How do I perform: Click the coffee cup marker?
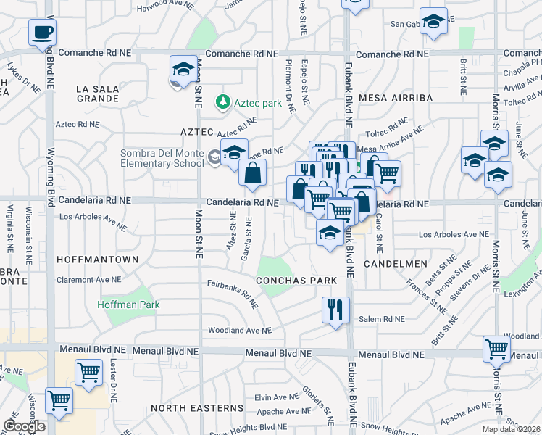coord(42,33)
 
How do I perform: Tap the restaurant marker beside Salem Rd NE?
coord(335,310)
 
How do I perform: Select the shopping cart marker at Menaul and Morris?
coord(497,349)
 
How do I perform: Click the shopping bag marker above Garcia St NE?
coord(253,173)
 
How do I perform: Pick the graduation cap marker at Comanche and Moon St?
coord(183,70)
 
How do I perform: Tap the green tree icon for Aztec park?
coord(225,103)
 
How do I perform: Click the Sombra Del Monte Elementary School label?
coord(163,158)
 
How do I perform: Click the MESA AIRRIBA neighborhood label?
coord(401,97)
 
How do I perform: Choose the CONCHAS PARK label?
coord(296,280)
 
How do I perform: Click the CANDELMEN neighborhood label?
coord(392,263)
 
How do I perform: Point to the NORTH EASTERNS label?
coord(197,408)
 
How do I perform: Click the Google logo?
coord(24,426)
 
